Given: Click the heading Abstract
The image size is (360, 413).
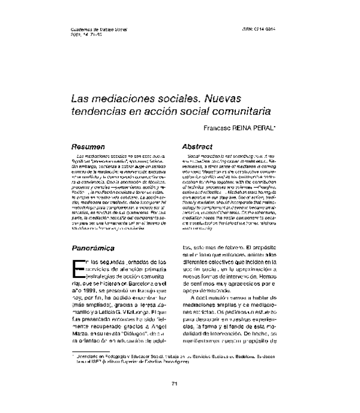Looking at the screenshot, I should coord(197,146).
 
